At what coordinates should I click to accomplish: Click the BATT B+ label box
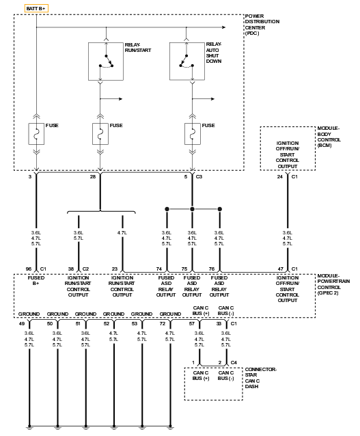tap(36, 8)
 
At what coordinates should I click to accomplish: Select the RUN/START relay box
tap(106, 62)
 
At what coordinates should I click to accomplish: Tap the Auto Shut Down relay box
tap(187, 62)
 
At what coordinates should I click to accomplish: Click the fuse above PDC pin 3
tap(36, 134)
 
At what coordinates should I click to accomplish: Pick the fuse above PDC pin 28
tap(100, 134)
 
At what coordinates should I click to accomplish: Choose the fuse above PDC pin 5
tap(193, 134)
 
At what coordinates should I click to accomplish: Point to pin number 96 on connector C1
tap(29, 269)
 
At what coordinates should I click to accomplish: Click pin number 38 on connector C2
tap(71, 269)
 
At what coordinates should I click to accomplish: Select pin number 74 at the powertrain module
tap(158, 269)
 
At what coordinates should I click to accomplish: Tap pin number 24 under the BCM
tap(279, 176)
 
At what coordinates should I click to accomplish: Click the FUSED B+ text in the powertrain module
tap(36, 281)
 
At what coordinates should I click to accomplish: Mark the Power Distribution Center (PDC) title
tap(262, 25)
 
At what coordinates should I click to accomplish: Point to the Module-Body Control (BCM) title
tap(329, 137)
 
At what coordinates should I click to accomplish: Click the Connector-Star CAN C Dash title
tap(260, 378)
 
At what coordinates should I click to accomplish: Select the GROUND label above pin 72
tap(170, 314)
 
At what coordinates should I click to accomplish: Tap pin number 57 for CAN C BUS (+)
tap(192, 324)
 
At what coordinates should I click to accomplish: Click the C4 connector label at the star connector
tap(234, 363)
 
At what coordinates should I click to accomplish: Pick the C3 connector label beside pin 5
tap(199, 176)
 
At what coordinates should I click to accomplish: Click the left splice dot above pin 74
tap(167, 209)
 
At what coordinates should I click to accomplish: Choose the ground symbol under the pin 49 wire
tap(29, 427)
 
